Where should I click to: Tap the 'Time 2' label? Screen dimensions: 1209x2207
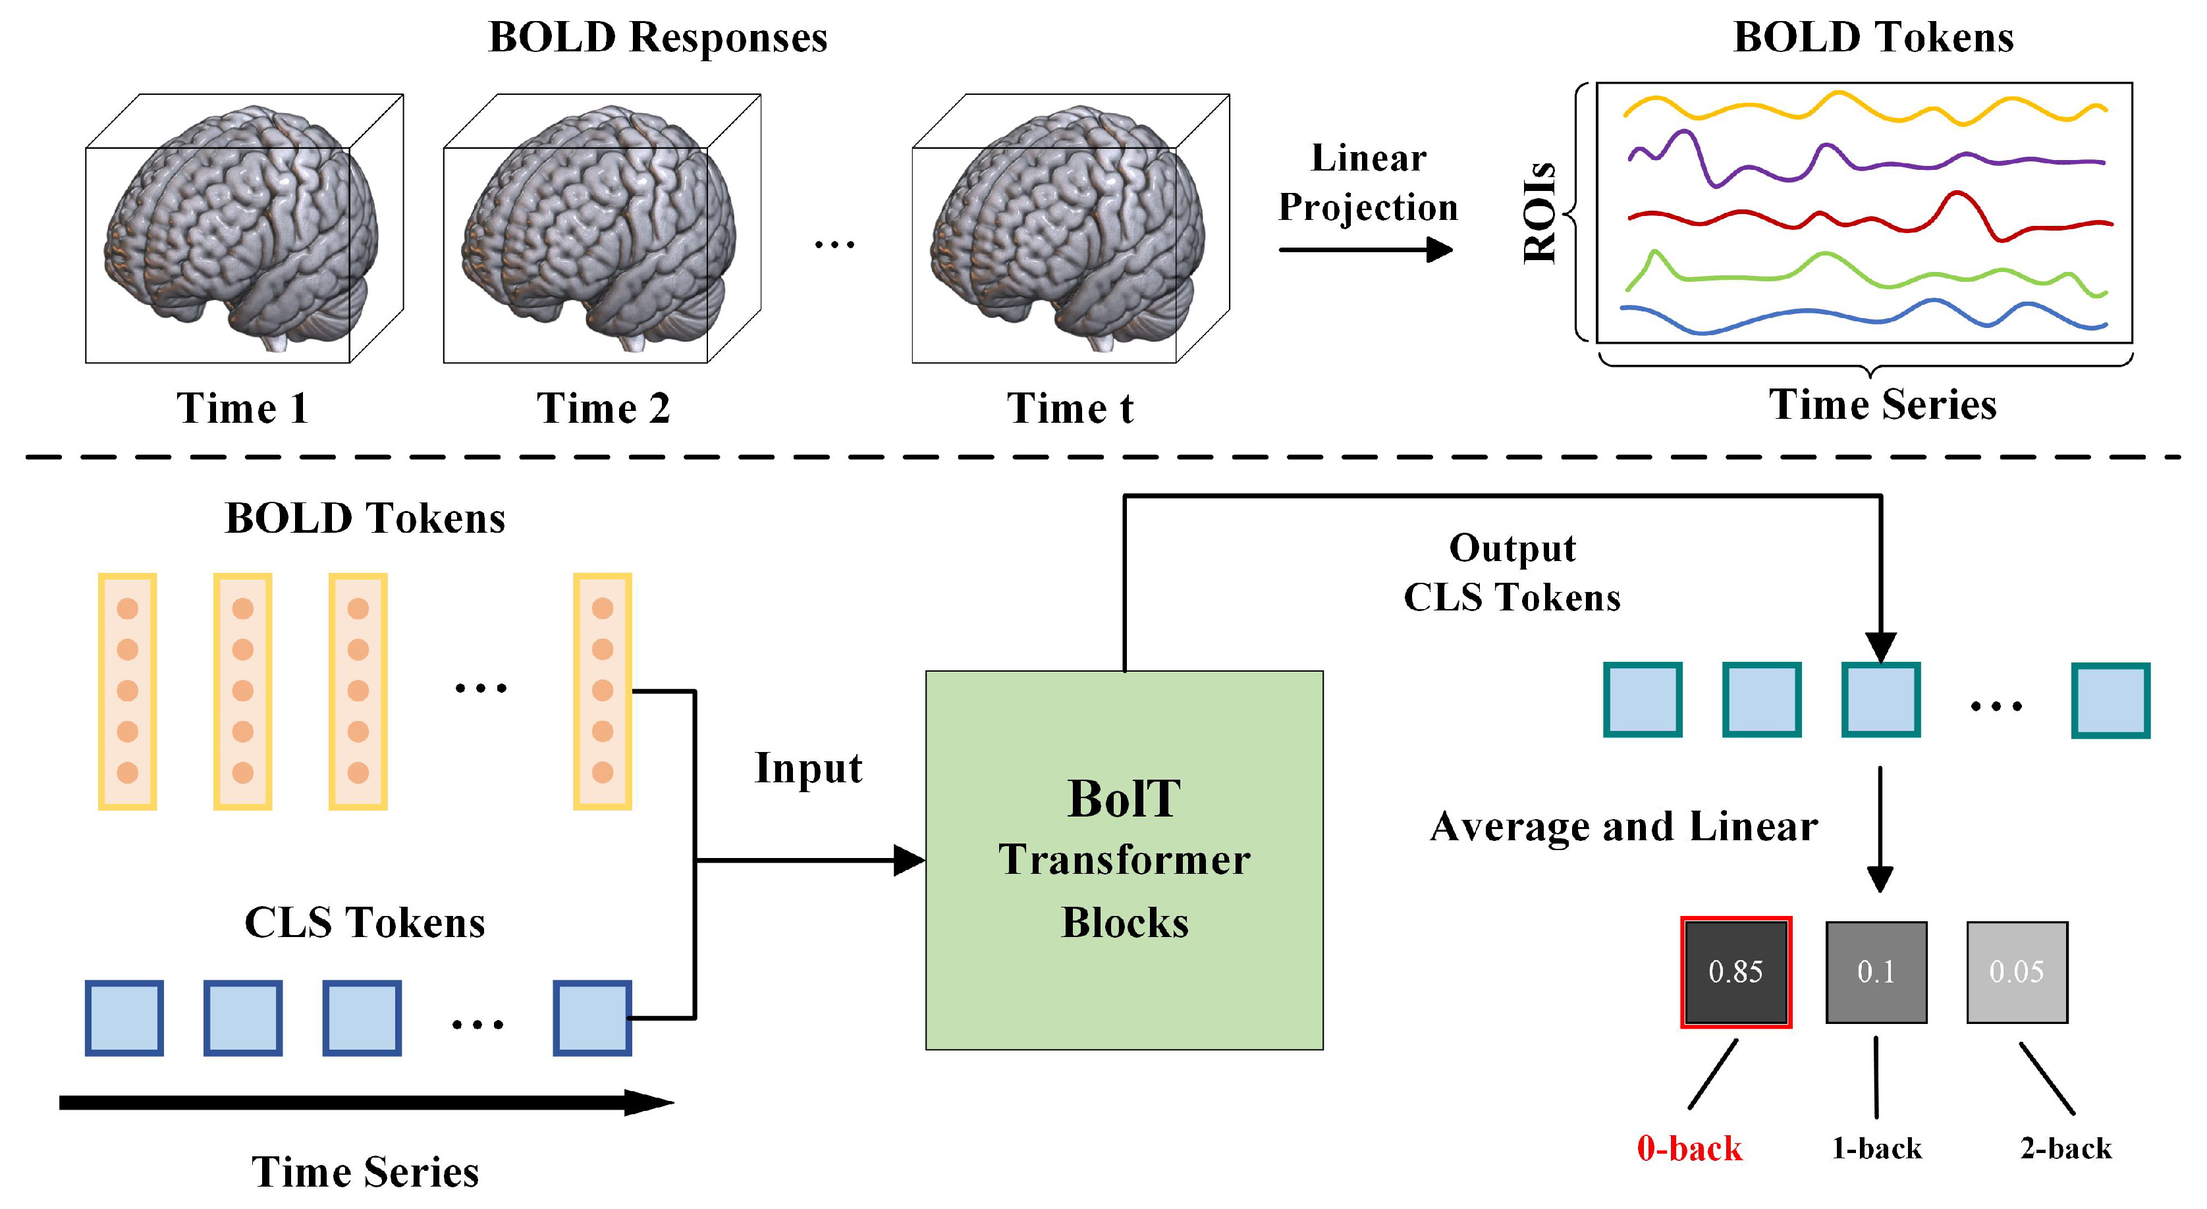click(603, 408)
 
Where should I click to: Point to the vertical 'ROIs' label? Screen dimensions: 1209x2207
click(1540, 213)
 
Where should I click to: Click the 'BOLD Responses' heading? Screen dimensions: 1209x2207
click(657, 38)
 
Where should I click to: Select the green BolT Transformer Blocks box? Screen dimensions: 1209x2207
click(1124, 859)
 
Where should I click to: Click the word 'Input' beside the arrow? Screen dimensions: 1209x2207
click(808, 768)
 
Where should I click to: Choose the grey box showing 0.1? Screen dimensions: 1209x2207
click(1876, 972)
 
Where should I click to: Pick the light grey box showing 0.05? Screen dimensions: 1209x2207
click(2017, 972)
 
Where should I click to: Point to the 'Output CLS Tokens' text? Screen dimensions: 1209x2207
click(1512, 572)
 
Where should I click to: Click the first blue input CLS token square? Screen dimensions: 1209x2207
click(124, 1018)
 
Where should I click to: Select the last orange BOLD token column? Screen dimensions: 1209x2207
click(603, 691)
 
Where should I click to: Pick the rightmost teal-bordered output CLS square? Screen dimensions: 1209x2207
click(2110, 700)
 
